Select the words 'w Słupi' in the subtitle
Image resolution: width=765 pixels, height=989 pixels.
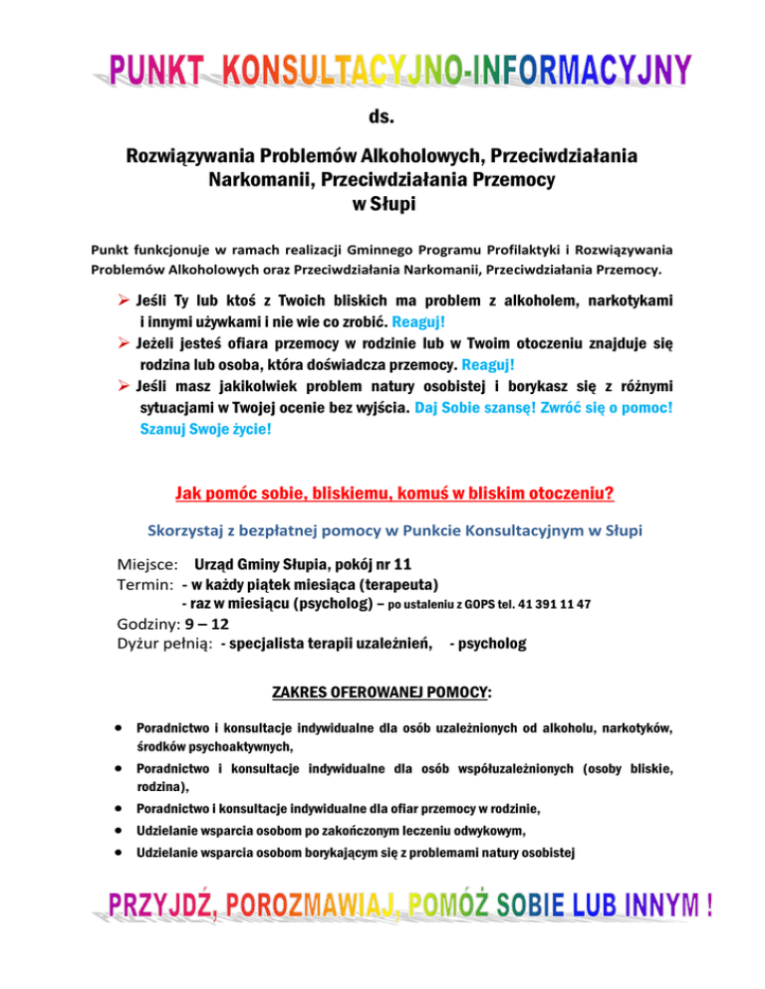(382, 206)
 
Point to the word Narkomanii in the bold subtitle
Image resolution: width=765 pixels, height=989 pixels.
(258, 182)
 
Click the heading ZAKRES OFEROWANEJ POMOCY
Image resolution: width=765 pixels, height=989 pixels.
(381, 691)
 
